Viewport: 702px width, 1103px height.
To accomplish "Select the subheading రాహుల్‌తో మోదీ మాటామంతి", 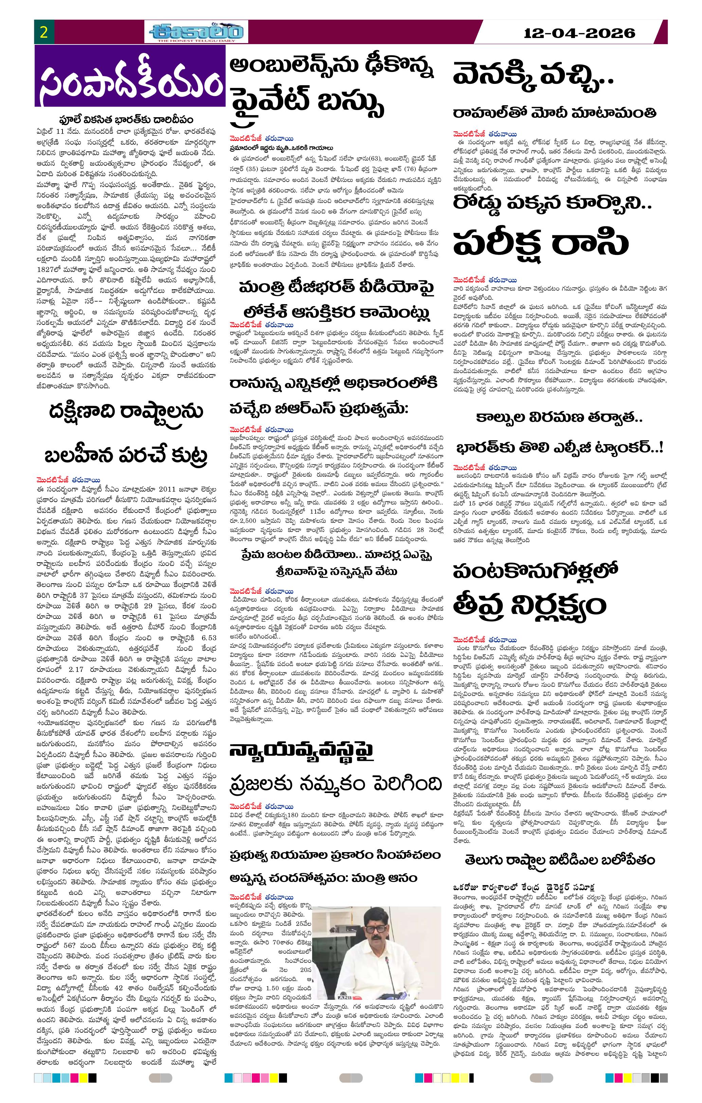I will click(x=555, y=113).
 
